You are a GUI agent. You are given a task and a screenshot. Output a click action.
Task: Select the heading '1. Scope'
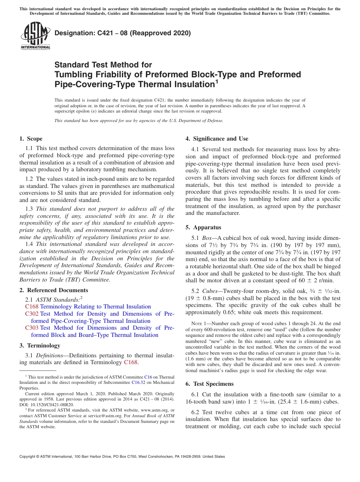(31, 139)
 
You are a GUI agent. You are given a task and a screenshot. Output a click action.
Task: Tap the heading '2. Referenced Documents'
(53, 290)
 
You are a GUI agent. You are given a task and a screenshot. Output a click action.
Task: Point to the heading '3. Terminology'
(39, 346)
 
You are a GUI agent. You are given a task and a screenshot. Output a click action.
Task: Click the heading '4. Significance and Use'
(217, 139)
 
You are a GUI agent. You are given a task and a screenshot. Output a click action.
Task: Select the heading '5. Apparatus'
(203, 227)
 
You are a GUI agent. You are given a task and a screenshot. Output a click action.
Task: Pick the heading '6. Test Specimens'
(210, 384)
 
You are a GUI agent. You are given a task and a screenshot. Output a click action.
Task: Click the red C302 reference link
(32, 314)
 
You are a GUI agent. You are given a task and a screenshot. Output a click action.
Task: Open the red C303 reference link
(32, 328)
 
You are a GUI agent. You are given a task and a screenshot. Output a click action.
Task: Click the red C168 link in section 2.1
(32, 307)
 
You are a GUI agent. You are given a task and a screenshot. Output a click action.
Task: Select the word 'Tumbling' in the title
(72, 75)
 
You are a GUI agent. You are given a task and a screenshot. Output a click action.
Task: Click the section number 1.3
(29, 209)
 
